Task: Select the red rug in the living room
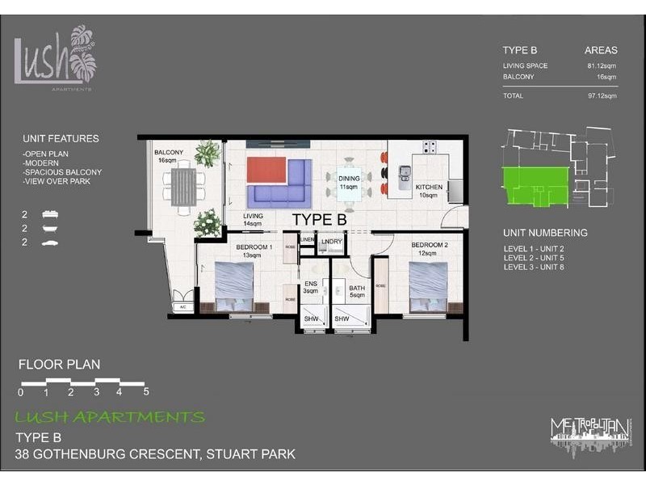(x=266, y=171)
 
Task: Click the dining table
(x=349, y=180)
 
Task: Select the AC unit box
(x=182, y=306)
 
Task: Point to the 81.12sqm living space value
(x=601, y=66)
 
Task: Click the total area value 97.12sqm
(x=601, y=95)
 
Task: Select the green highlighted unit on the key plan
(x=533, y=185)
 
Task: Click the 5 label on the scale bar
(x=145, y=393)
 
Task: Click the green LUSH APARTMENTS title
(x=110, y=418)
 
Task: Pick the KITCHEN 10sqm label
(x=429, y=191)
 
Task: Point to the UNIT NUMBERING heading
(x=545, y=233)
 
